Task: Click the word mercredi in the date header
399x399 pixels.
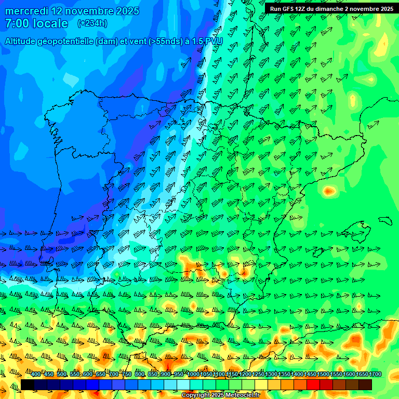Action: click(x=29, y=10)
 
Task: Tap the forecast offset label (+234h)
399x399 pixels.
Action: click(x=92, y=23)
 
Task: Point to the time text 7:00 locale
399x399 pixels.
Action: click(x=36, y=23)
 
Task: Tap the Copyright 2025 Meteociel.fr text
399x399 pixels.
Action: click(x=220, y=395)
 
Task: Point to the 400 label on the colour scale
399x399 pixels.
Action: click(x=36, y=375)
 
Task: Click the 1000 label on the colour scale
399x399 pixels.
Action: click(x=193, y=375)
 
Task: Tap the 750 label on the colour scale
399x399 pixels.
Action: click(x=127, y=375)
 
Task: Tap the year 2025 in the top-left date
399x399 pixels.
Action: click(x=127, y=10)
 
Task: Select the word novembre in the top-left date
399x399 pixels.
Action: click(x=90, y=10)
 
